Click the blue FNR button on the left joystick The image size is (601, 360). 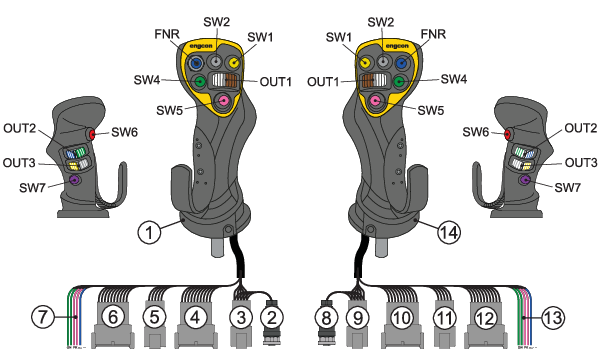(x=196, y=62)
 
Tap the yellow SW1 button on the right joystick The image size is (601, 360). (x=365, y=62)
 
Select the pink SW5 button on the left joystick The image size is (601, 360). (x=223, y=101)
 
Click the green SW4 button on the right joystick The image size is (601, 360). (x=399, y=81)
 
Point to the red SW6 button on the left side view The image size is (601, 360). (x=92, y=134)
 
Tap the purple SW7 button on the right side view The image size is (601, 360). (x=524, y=180)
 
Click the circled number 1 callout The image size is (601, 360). (x=149, y=232)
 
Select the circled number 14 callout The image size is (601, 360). (x=449, y=232)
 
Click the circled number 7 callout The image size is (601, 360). (x=43, y=317)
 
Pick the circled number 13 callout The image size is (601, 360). (x=553, y=317)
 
